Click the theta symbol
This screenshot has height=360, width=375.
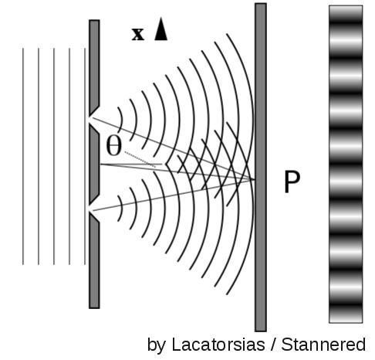(113, 146)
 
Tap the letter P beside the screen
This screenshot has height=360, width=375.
(292, 182)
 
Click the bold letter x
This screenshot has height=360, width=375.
(138, 34)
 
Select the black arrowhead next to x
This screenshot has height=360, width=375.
(161, 29)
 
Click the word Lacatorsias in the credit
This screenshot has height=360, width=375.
(218, 345)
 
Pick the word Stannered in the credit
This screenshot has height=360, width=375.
(323, 345)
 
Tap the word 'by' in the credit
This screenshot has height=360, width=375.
(157, 345)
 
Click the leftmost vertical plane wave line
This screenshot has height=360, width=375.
(23, 156)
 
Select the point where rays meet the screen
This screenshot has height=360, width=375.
(255, 179)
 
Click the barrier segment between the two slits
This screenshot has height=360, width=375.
(95, 165)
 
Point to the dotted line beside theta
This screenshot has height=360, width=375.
(140, 160)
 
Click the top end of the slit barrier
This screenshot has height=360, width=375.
(94, 20)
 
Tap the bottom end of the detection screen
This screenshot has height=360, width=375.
(261, 331)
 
